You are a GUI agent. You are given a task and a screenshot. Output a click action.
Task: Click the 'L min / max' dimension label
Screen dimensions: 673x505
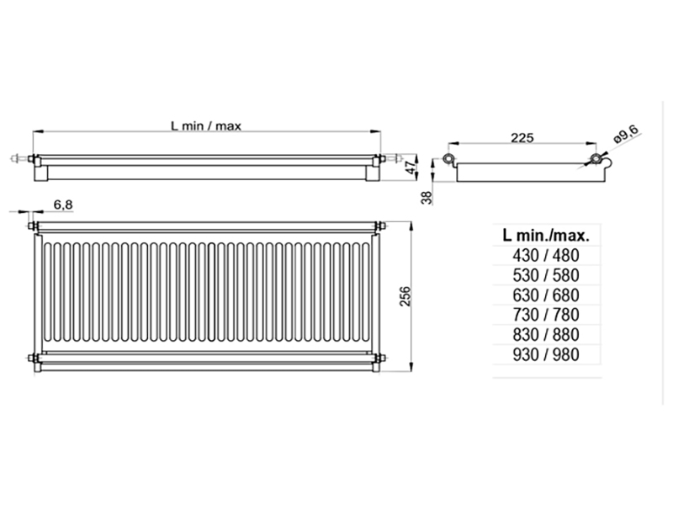(x=206, y=125)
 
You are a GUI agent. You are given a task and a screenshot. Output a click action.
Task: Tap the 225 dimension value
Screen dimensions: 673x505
(x=522, y=138)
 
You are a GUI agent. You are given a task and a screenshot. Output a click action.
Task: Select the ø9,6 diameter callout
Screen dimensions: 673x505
(x=628, y=134)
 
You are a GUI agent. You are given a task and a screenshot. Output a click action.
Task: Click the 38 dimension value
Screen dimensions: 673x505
(x=427, y=197)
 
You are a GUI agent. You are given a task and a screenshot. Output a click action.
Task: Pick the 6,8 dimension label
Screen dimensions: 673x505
(x=63, y=205)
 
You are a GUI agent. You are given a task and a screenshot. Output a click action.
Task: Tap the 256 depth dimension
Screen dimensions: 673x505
(x=405, y=296)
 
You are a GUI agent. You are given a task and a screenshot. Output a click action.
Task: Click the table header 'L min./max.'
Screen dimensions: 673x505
(x=546, y=236)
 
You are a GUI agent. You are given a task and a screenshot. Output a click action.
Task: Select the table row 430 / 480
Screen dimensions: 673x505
(x=546, y=256)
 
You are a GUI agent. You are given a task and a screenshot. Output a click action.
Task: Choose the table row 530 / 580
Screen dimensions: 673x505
(x=546, y=275)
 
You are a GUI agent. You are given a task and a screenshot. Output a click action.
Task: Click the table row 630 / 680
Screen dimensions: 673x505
(x=546, y=295)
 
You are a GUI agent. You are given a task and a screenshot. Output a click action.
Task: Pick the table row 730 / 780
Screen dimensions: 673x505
(x=546, y=315)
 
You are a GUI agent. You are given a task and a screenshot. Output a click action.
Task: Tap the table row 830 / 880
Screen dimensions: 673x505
(x=546, y=334)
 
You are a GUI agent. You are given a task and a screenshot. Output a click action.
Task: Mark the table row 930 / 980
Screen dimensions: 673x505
(x=546, y=354)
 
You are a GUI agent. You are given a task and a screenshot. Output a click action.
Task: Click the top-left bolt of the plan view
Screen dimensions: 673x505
(x=32, y=226)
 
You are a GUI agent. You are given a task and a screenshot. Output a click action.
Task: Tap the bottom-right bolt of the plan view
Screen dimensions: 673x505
(x=380, y=358)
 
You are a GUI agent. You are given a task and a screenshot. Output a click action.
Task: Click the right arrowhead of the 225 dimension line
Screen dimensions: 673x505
(x=592, y=144)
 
